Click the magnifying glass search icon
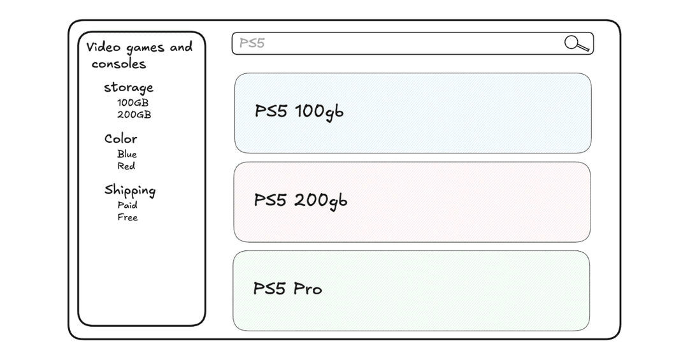[577, 43]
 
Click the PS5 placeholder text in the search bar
[252, 43]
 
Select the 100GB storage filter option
[133, 103]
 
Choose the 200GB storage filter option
[134, 115]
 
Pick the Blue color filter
[127, 154]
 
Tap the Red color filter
[126, 166]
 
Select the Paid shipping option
[127, 205]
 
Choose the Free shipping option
[127, 217]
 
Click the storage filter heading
[129, 88]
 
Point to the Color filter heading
[120, 139]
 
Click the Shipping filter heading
[130, 190]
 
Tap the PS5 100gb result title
[299, 112]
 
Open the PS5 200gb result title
[301, 200]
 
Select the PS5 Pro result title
[288, 289]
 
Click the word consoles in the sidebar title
[118, 64]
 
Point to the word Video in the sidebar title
[103, 47]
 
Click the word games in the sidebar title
[145, 48]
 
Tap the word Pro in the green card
[308, 289]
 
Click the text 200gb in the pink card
[320, 201]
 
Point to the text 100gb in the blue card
[319, 112]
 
